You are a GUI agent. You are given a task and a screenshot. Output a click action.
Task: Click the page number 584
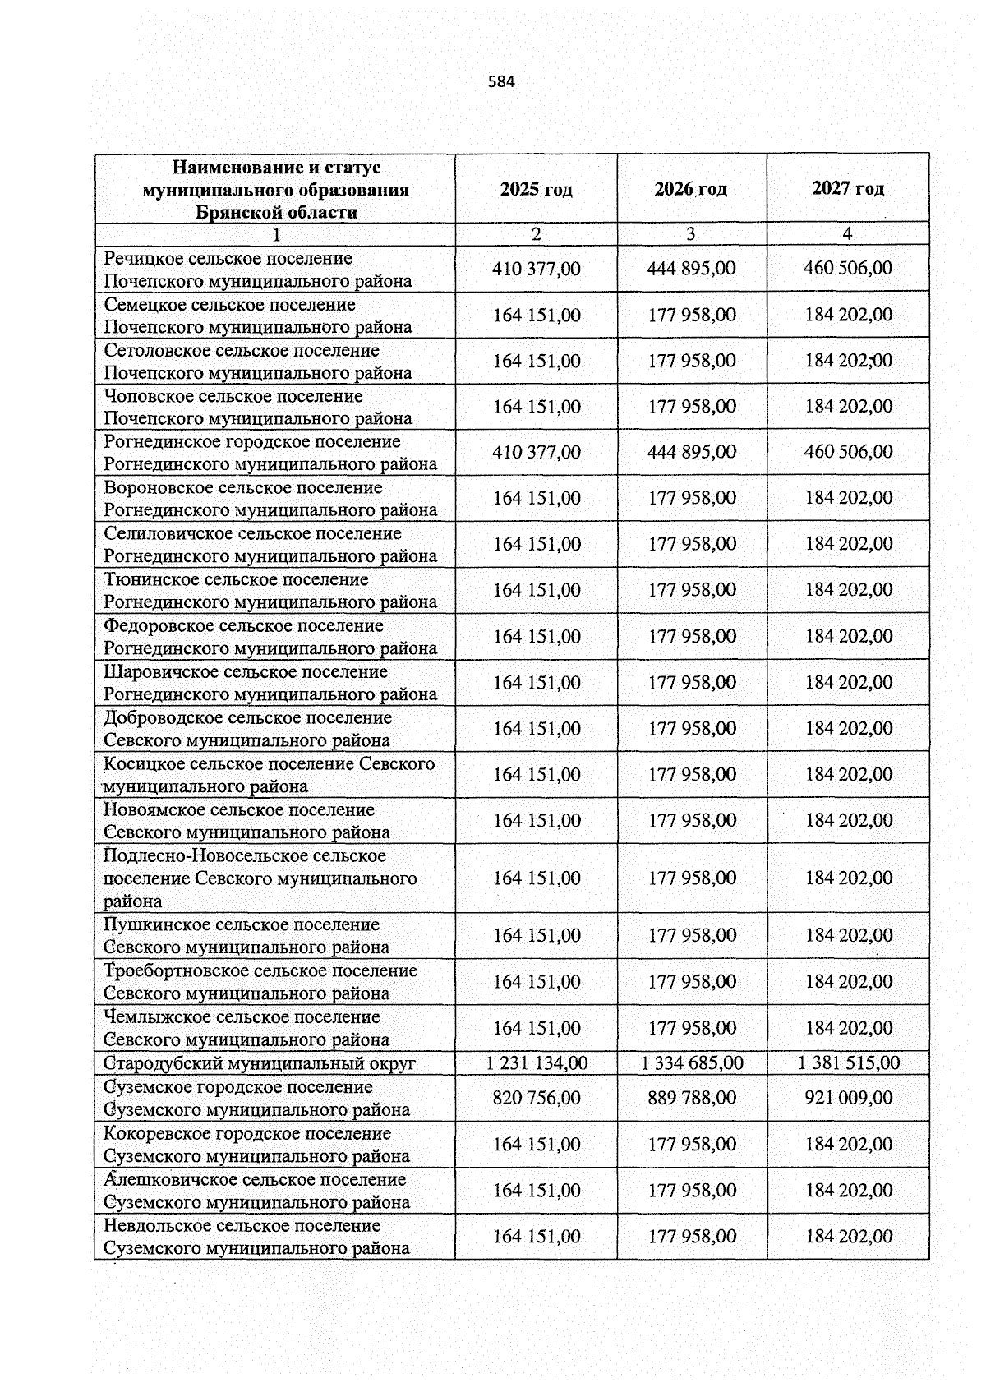point(501,81)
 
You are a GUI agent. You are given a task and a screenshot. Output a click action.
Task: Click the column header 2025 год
point(536,189)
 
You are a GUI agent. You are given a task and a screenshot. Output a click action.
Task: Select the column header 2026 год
point(691,189)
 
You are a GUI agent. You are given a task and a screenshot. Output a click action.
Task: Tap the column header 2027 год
point(848,188)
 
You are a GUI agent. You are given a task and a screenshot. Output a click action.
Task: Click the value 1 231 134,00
point(536,1062)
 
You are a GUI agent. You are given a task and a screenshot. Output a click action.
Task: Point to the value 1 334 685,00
point(692,1062)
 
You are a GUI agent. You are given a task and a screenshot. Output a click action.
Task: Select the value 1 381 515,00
point(848,1062)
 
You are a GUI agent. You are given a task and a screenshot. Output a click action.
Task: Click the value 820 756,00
point(536,1098)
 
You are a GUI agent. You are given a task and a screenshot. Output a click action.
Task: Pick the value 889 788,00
point(692,1098)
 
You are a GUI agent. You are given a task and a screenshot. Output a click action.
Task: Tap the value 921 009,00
point(848,1098)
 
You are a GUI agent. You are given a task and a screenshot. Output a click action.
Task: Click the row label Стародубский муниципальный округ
point(260,1063)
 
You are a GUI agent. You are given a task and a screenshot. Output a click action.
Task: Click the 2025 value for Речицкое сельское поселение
point(536,269)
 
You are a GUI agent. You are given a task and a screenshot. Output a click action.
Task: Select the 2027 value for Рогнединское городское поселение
point(848,452)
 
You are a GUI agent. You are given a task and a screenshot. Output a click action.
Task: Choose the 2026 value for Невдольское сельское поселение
point(692,1236)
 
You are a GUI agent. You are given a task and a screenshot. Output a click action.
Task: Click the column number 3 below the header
point(691,234)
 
